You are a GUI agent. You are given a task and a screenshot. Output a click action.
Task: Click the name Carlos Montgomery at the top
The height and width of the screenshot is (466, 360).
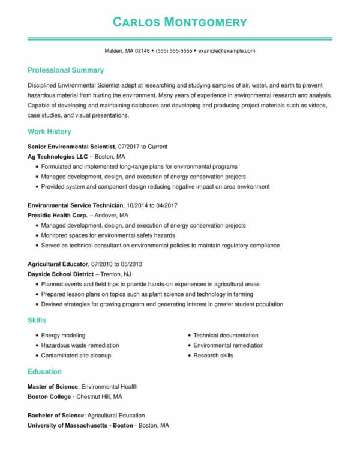click(180, 22)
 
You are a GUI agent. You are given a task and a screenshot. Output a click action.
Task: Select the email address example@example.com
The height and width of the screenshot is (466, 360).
click(226, 51)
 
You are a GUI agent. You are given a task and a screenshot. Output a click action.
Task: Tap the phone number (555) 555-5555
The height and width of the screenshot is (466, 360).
click(174, 51)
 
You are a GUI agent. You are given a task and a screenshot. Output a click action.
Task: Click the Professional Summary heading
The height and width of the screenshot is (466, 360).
click(65, 70)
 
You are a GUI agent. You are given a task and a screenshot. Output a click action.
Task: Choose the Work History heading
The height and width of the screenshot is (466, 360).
click(49, 132)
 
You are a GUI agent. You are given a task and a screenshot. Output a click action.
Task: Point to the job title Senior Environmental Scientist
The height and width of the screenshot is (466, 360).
click(71, 146)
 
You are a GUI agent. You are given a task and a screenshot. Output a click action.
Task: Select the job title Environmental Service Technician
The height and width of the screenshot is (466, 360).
click(75, 205)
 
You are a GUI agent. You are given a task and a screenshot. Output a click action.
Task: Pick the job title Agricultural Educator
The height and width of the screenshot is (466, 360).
click(58, 264)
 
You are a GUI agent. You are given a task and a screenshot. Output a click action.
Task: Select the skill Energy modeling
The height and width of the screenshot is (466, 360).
click(63, 335)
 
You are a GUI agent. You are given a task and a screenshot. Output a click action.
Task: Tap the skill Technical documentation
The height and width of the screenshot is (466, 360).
click(226, 335)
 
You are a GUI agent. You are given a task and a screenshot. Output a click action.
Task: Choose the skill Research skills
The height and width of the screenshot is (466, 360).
click(213, 356)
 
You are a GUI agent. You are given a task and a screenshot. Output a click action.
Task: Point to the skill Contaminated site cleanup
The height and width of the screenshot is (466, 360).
click(76, 356)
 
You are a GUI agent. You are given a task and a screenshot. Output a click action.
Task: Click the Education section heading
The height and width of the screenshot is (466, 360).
click(44, 371)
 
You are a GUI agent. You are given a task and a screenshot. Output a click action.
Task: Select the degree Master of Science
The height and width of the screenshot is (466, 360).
click(53, 386)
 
